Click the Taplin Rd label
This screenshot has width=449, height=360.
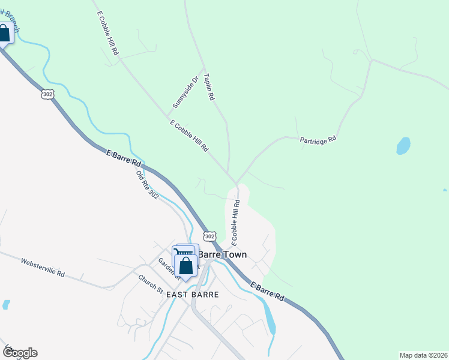click(x=209, y=87)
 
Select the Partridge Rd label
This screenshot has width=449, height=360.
click(x=318, y=139)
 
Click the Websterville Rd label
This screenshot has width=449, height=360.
click(x=43, y=267)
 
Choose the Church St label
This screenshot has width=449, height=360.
click(x=151, y=284)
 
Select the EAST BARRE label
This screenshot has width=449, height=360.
click(x=193, y=295)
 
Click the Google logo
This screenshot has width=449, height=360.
click(x=19, y=353)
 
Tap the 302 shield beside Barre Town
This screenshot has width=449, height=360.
click(x=209, y=236)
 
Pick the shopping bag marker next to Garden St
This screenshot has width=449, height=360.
click(x=186, y=265)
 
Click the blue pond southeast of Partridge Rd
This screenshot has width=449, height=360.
click(x=403, y=146)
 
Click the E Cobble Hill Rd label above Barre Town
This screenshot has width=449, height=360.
click(x=236, y=223)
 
